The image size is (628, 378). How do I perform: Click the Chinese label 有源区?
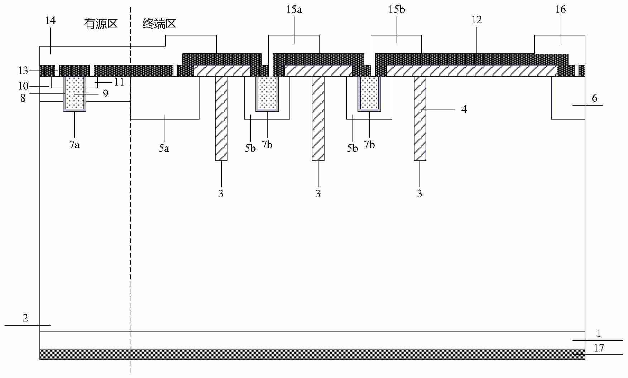click(x=101, y=24)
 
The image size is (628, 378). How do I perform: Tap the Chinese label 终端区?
click(x=159, y=24)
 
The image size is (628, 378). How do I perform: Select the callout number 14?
click(x=51, y=20)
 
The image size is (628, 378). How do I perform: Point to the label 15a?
click(x=294, y=9)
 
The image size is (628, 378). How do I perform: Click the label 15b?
click(x=397, y=9)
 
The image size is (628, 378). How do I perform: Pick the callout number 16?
click(x=560, y=9)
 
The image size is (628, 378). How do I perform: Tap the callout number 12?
click(x=476, y=20)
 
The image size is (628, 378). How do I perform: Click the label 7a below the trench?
click(x=75, y=145)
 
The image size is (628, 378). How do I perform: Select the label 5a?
click(x=164, y=148)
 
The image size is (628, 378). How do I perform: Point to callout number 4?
click(x=464, y=109)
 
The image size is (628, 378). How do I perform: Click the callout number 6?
click(x=594, y=98)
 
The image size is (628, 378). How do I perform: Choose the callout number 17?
click(x=599, y=348)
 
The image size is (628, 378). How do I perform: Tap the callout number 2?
click(x=25, y=318)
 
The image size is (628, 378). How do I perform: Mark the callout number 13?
click(x=23, y=71)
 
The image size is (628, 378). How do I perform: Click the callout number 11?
click(x=119, y=82)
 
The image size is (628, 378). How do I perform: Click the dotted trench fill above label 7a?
click(x=75, y=93)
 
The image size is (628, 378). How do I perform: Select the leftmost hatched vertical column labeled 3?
click(x=221, y=118)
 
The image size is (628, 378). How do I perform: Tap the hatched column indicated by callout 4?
click(x=420, y=118)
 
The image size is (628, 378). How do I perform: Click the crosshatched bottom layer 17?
click(x=312, y=354)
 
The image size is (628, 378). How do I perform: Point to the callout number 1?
click(x=599, y=334)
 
